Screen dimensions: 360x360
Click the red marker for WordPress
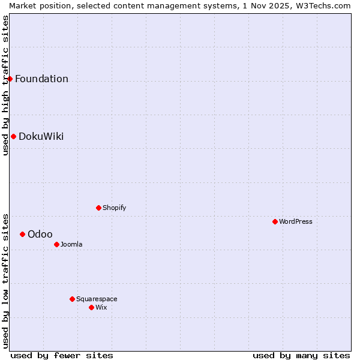[x=275, y=221]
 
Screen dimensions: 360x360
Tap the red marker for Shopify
[x=98, y=208]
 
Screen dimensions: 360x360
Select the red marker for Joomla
[x=56, y=244]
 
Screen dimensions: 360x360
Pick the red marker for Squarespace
[x=72, y=299]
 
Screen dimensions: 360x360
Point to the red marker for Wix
[x=91, y=307]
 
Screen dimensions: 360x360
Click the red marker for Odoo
[x=22, y=234]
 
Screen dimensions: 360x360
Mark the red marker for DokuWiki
[x=13, y=136]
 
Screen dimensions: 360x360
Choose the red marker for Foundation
[x=10, y=79]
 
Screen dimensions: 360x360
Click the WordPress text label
[x=296, y=221]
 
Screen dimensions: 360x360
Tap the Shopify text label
[x=115, y=208]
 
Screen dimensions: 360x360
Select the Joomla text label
[x=71, y=244]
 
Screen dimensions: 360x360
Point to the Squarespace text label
[x=97, y=299]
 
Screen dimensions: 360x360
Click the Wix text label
[x=101, y=307]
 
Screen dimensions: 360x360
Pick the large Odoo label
[x=40, y=234]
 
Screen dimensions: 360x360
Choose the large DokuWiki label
[x=41, y=136]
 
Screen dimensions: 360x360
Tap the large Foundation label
[x=42, y=79]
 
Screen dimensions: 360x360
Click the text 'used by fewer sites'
[x=62, y=355]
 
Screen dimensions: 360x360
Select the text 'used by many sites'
[x=301, y=355]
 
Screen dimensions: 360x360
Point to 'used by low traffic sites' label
[x=5, y=280]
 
